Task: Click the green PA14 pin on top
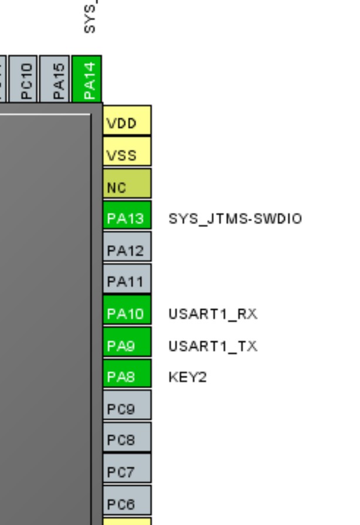point(87,79)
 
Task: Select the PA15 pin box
point(56,79)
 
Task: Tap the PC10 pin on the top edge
point(25,79)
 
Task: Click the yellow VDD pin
point(127,121)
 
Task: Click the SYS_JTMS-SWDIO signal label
point(235,219)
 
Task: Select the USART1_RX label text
point(212,314)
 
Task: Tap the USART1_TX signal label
point(212,346)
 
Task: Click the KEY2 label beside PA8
point(188,377)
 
